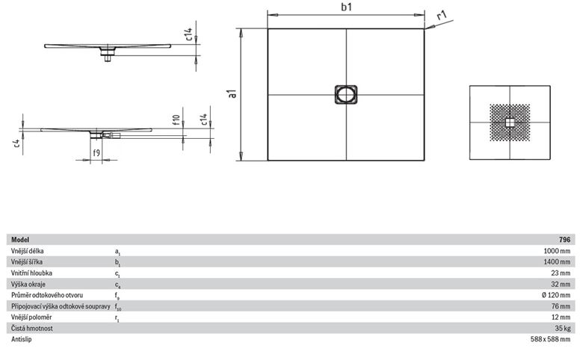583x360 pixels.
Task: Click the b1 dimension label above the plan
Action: [347, 7]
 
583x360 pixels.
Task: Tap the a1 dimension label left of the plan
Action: [233, 93]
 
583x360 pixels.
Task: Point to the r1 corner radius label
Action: [441, 16]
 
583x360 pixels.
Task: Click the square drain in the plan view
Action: [346, 94]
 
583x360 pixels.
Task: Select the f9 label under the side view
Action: [96, 152]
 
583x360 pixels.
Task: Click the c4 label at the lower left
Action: [16, 143]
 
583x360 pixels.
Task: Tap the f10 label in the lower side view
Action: [176, 120]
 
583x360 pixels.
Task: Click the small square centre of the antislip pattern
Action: [510, 122]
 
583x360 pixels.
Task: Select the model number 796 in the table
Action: [564, 240]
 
